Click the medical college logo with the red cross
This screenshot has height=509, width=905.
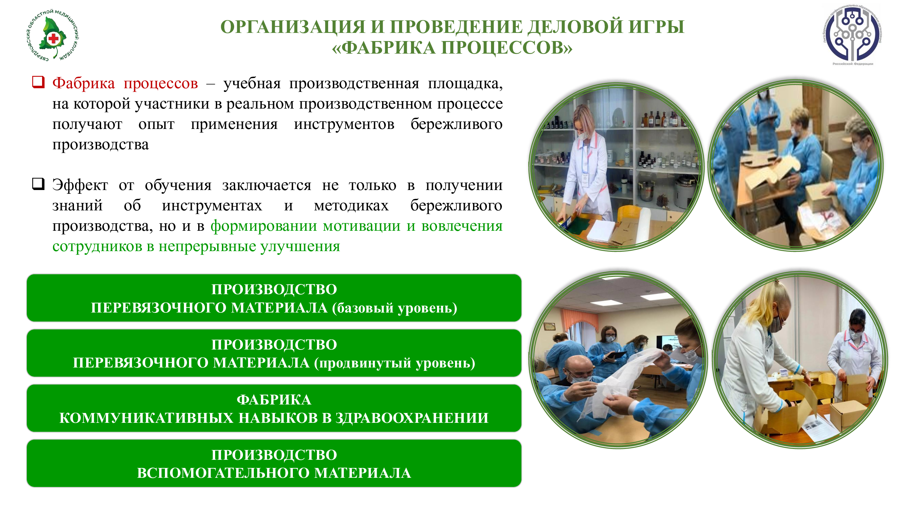pos(53,35)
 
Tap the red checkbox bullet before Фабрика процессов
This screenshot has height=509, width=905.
pos(38,82)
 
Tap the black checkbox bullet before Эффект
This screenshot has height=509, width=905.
pos(38,183)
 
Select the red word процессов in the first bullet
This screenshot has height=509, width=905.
pos(161,83)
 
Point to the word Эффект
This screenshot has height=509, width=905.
pos(80,185)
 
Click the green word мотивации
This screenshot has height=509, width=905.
pos(361,226)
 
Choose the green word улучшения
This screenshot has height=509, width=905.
pos(300,247)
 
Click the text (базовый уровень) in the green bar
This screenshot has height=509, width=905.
pos(395,308)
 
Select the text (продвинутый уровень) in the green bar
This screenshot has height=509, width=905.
pos(395,363)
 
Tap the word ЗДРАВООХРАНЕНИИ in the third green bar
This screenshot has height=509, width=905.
pos(412,418)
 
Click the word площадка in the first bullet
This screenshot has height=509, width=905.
pos(465,83)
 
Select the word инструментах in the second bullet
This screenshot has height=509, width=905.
pos(212,206)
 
